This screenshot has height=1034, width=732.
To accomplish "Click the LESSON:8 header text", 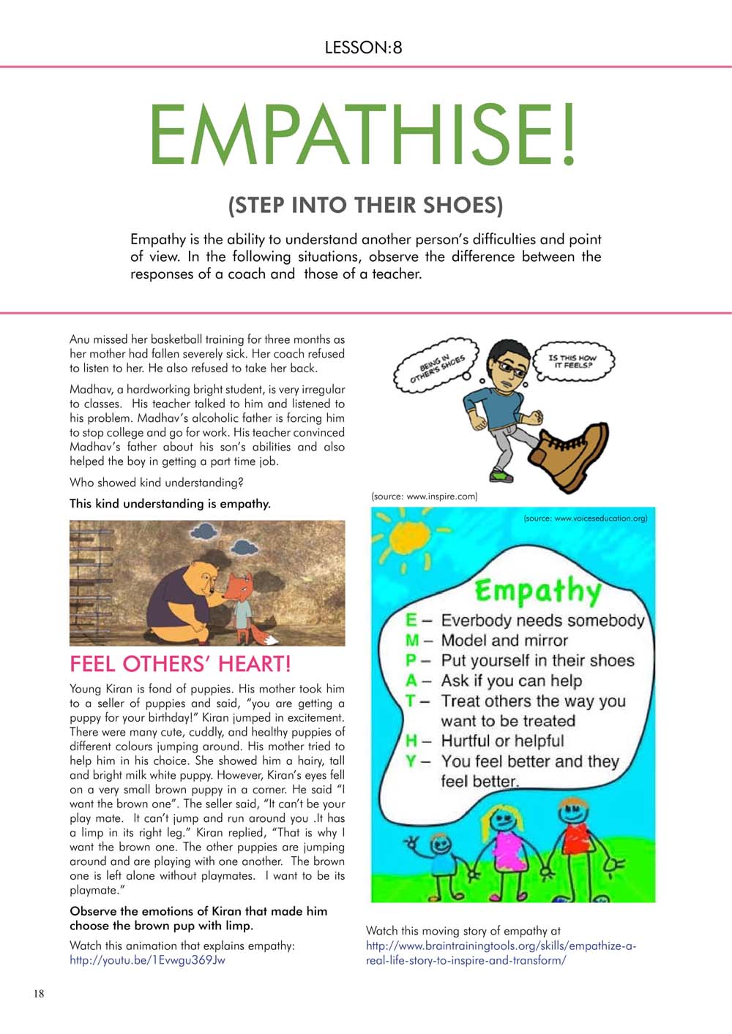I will [x=364, y=48].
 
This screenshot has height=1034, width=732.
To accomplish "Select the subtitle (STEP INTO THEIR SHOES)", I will [x=365, y=205].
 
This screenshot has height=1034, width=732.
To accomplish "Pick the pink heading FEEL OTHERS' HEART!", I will [x=180, y=664].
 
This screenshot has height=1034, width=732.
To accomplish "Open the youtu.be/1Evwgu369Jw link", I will [x=147, y=960].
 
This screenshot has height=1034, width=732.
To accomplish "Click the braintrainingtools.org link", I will [x=501, y=953].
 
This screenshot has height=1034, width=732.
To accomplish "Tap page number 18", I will [x=38, y=993].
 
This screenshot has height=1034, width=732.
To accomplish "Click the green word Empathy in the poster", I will [x=538, y=589].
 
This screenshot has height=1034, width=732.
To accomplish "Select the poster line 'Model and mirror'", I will [x=504, y=641].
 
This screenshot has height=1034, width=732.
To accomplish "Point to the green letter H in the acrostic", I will [x=411, y=741].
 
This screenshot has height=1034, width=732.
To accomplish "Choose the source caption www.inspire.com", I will [x=425, y=497].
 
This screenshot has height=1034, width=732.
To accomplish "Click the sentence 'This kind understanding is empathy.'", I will [x=170, y=503].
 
